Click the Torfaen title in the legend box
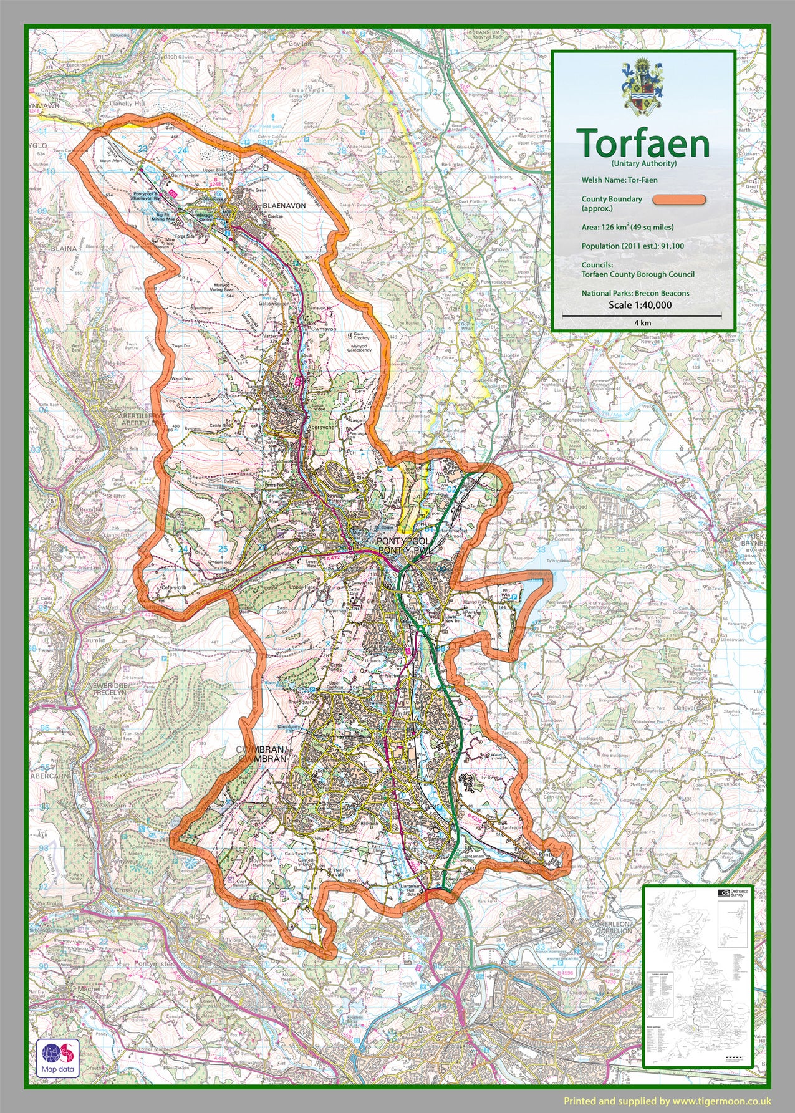click(643, 143)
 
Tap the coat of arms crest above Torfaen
click(643, 87)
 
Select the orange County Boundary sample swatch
click(679, 200)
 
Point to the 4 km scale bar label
click(642, 323)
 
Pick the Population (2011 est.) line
click(632, 246)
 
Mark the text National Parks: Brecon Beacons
click(635, 293)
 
